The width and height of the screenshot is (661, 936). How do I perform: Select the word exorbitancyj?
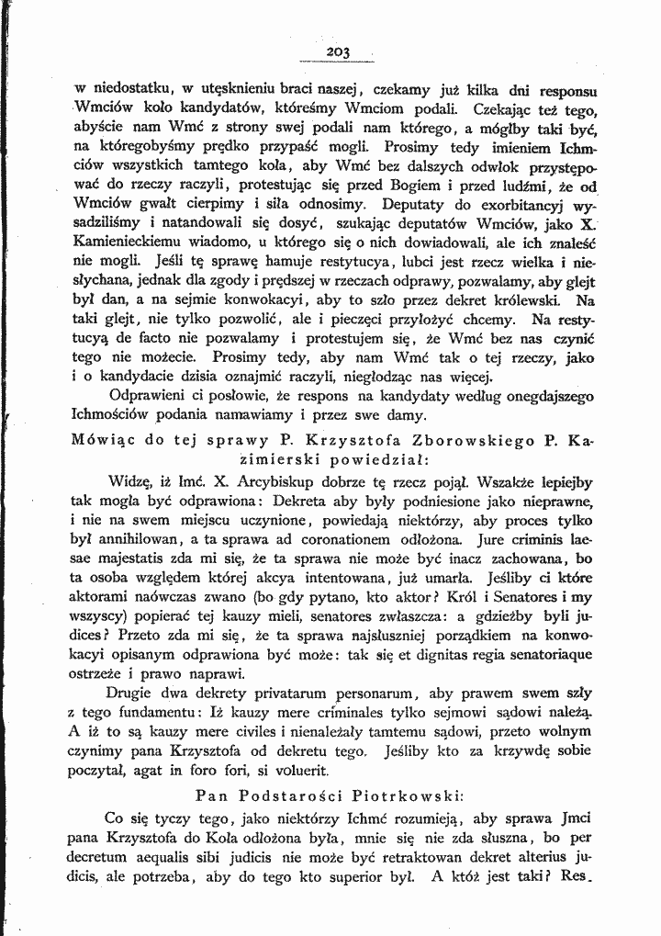[521, 205]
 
